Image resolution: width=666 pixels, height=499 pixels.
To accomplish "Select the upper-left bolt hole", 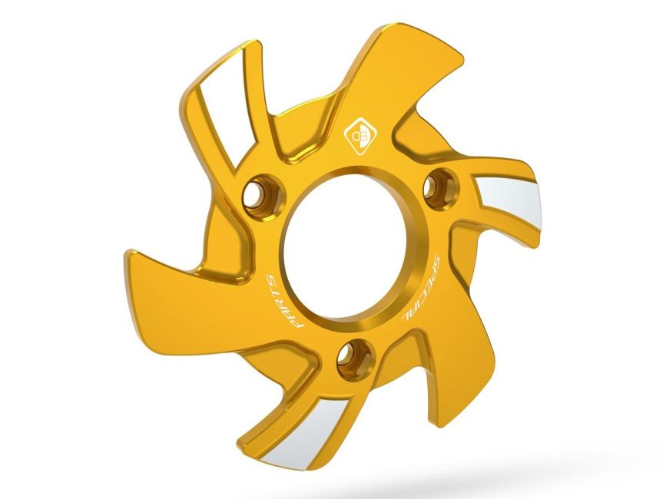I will click(x=256, y=194).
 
